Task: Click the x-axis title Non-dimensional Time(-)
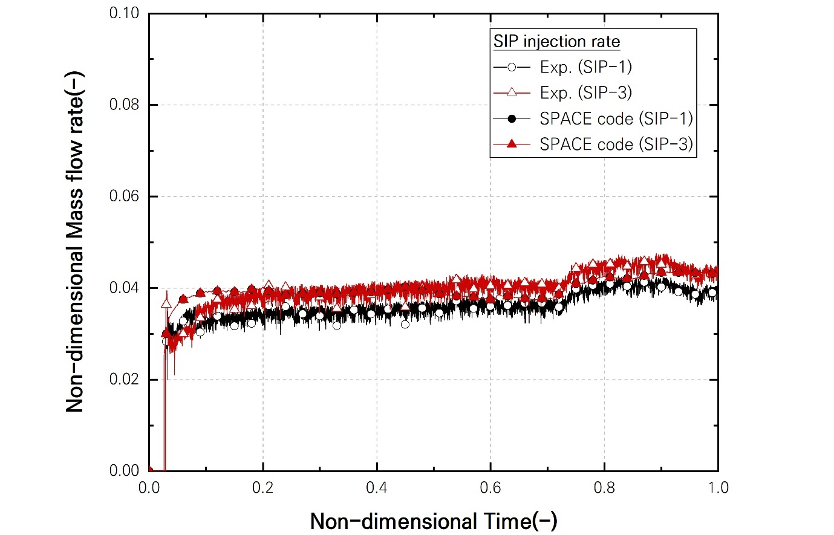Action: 434,520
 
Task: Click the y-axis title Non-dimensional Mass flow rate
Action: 75,242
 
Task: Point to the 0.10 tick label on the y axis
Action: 124,13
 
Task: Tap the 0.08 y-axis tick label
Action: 124,105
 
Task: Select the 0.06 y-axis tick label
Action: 124,196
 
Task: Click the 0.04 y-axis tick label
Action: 124,288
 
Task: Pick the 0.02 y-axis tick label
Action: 124,380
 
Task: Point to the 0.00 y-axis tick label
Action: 124,471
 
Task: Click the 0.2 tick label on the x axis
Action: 263,487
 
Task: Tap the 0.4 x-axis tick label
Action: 377,487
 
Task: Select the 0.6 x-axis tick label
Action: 490,487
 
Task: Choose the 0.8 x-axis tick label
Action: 604,487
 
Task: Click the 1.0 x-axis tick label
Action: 718,487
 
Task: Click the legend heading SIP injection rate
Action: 556,42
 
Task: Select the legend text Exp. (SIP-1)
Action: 585,67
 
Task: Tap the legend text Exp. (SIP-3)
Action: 585,92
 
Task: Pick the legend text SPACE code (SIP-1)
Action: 616,118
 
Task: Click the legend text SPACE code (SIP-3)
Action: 616,144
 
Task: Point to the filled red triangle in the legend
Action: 512,144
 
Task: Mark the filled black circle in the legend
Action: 512,118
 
